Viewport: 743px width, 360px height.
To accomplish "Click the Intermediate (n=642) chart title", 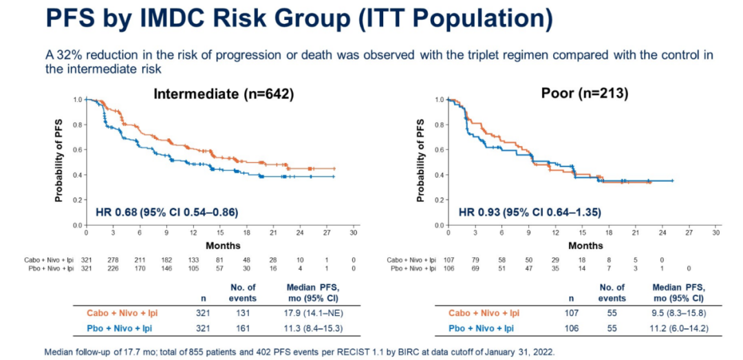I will tap(224, 94).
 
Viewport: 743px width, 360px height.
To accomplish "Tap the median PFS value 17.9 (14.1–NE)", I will tap(316, 313).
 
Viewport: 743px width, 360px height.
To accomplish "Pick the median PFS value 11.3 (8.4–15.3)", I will tap(316, 328).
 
